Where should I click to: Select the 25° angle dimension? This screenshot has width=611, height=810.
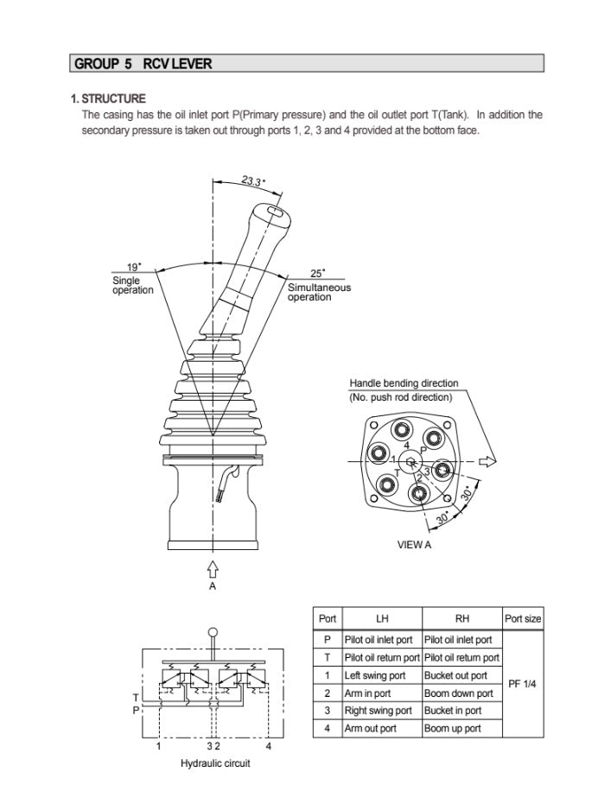coord(316,273)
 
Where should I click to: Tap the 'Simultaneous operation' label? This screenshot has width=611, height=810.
coord(319,292)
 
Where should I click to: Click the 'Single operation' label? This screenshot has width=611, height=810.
coord(132,285)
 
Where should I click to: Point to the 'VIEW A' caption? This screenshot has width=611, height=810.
coord(414,545)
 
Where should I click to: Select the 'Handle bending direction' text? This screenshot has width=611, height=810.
coord(404,383)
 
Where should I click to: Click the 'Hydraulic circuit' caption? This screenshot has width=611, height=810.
coord(215,764)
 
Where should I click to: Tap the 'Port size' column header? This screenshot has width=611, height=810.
coord(522,618)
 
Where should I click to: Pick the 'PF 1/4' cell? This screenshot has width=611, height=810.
coord(522,684)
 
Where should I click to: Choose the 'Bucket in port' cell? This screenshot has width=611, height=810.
coord(453,711)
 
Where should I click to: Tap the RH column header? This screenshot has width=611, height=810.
coord(461,618)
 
